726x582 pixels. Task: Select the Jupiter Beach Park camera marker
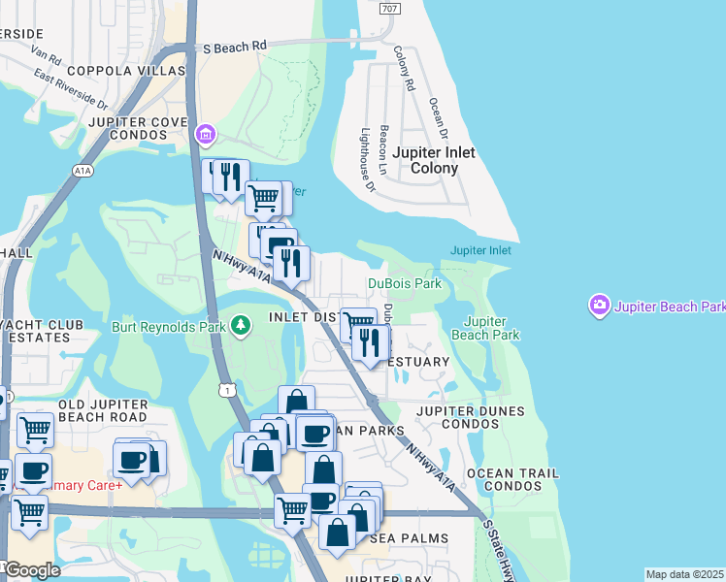pyautogui.click(x=599, y=307)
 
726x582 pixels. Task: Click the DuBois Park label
pyautogui.click(x=404, y=284)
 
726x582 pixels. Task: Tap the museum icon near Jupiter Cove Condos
pyautogui.click(x=205, y=133)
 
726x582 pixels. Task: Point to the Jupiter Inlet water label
pyautogui.click(x=479, y=250)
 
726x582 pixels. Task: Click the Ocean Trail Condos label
pyautogui.click(x=512, y=479)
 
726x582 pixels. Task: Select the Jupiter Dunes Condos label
pyautogui.click(x=470, y=417)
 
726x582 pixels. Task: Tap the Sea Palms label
pyautogui.click(x=408, y=538)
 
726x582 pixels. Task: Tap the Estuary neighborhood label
pyautogui.click(x=419, y=362)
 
